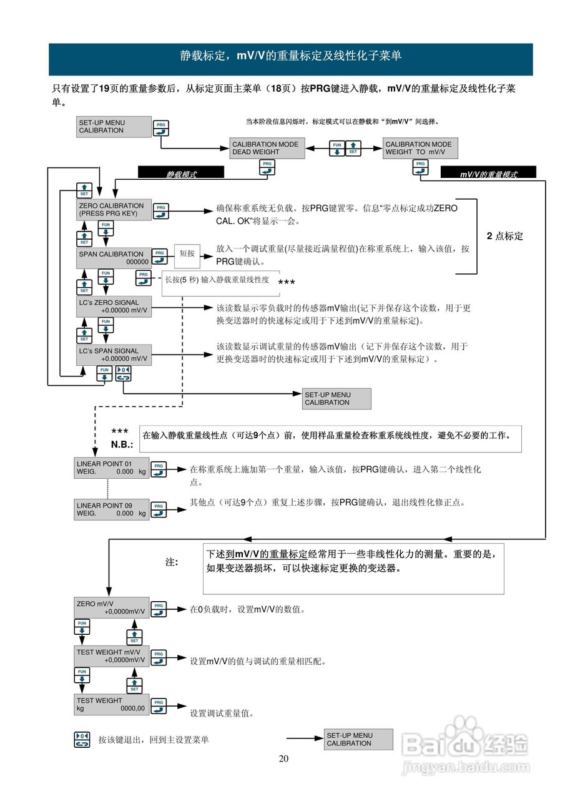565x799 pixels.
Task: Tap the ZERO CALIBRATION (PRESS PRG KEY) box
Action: click(x=114, y=210)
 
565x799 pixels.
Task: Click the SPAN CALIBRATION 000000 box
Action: click(x=114, y=258)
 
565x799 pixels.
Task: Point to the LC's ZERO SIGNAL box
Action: click(x=114, y=306)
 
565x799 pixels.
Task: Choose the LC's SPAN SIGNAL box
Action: click(x=114, y=355)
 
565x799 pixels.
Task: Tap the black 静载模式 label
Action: click(x=181, y=174)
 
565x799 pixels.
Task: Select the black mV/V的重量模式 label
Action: click(x=488, y=174)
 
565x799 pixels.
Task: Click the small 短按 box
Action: click(x=187, y=254)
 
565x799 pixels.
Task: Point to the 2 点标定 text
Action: click(x=504, y=237)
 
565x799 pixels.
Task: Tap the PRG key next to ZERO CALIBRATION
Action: click(x=161, y=211)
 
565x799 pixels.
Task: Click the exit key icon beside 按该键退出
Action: click(x=82, y=740)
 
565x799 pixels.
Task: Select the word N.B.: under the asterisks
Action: click(x=122, y=445)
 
